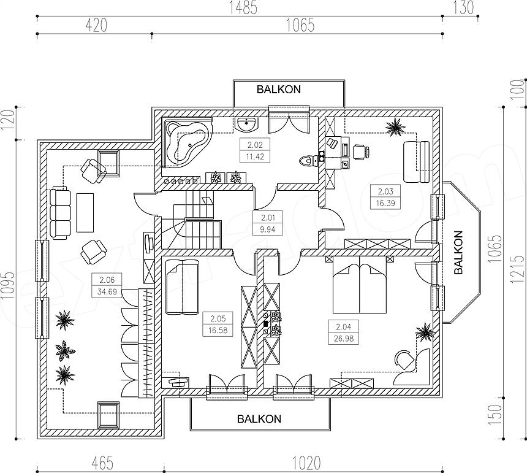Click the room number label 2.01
(x=268, y=218)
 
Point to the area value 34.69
(x=107, y=291)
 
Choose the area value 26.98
(x=344, y=338)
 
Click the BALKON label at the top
(x=279, y=90)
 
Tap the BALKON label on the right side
(x=458, y=252)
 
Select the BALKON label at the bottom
(x=259, y=419)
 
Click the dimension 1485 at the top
(x=243, y=8)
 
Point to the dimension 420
(x=96, y=26)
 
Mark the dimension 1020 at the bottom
(x=306, y=463)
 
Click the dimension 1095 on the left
(x=8, y=285)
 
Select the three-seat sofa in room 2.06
(x=61, y=213)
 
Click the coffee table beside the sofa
(x=85, y=212)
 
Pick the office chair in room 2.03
(x=362, y=152)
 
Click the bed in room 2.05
(x=181, y=287)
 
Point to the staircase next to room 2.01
(x=193, y=218)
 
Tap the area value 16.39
(x=385, y=203)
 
